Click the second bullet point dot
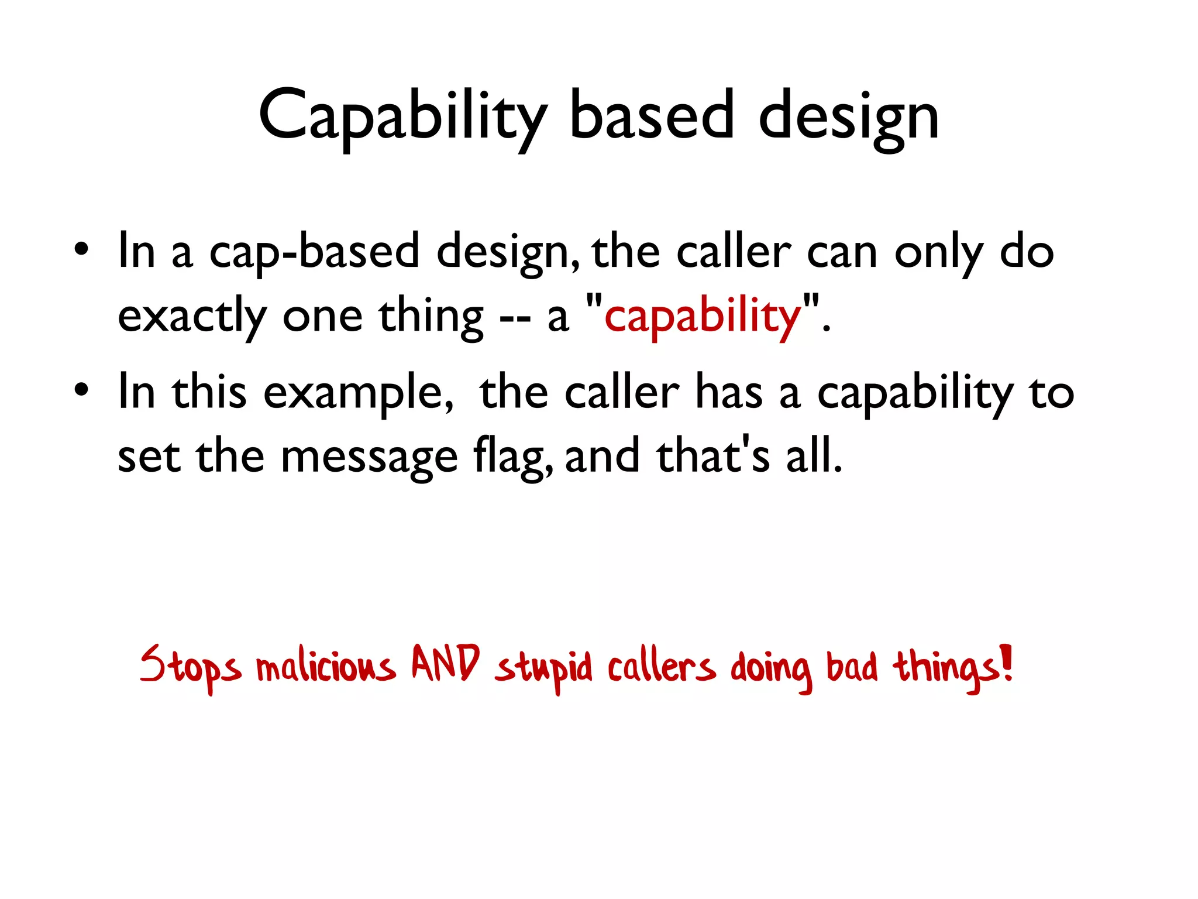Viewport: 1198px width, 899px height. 81,390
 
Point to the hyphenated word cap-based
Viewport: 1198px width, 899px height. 314,252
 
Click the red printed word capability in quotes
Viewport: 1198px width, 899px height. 702,316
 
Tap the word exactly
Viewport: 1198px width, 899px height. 192,316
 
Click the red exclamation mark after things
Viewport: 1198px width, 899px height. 1006,661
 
